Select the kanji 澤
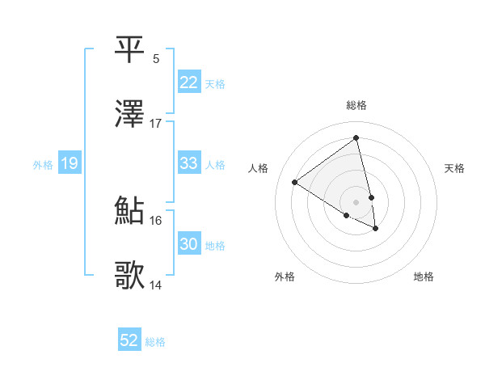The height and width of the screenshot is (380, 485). click(x=130, y=115)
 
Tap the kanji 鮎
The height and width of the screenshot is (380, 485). click(x=130, y=211)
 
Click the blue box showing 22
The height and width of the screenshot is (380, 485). click(x=188, y=82)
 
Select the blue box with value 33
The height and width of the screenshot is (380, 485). click(x=188, y=163)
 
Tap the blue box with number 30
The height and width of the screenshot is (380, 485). click(x=188, y=244)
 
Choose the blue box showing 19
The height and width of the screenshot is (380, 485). click(x=69, y=164)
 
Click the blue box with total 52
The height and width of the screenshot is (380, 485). click(x=129, y=341)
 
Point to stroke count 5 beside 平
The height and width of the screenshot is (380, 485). click(x=156, y=58)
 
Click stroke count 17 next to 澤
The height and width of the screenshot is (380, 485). click(x=156, y=124)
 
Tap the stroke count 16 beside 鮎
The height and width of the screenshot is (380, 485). click(x=156, y=220)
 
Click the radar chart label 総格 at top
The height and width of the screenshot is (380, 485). click(x=356, y=105)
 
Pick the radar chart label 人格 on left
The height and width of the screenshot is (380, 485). click(x=259, y=168)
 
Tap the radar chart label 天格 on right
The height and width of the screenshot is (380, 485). click(x=454, y=168)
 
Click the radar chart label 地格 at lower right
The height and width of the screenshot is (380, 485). click(x=424, y=277)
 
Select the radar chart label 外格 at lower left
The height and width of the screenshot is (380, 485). click(x=285, y=277)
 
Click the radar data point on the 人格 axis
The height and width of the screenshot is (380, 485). click(x=295, y=182)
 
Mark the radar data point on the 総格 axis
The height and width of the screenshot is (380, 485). click(x=356, y=138)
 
